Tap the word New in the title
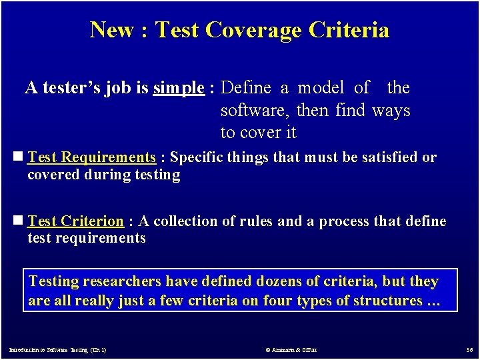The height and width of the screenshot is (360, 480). tap(111, 30)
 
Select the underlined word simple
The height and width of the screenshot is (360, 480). tap(179, 88)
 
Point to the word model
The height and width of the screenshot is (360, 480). tap(321, 88)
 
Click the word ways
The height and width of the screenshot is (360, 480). tap(391, 110)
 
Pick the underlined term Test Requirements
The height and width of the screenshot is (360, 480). tap(91, 157)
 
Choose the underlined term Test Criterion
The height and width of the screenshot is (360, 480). tap(75, 221)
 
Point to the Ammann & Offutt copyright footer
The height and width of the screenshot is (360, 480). tap(290, 349)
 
